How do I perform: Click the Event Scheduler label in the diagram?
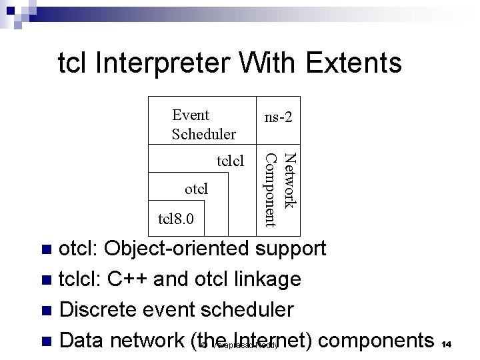point(203,125)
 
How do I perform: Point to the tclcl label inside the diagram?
point(231,161)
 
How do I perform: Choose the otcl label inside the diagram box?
point(196,189)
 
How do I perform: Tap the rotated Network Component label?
point(279,189)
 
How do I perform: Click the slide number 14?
point(447,343)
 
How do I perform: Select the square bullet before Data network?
point(46,341)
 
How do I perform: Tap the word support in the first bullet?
point(291,249)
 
